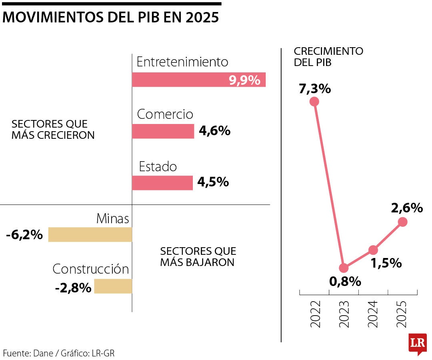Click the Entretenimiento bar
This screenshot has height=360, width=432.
[x=199, y=80]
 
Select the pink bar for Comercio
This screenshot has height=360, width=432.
[x=163, y=131]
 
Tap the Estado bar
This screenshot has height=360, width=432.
[x=162, y=183]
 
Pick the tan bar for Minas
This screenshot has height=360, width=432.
[x=90, y=234]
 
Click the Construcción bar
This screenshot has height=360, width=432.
[x=113, y=286]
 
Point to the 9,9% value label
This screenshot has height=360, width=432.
[x=244, y=80]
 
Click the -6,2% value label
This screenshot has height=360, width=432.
[x=24, y=235]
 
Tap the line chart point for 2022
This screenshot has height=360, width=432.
[x=314, y=102]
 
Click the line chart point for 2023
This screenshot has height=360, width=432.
[x=344, y=268]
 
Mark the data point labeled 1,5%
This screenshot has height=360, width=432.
[x=373, y=250]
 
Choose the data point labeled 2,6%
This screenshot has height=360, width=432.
[x=402, y=222]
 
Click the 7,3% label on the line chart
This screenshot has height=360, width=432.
[x=315, y=88]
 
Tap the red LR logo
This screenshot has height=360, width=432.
[x=417, y=343]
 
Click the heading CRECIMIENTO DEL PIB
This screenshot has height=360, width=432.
[x=328, y=57]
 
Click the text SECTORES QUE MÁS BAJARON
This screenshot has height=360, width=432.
[x=198, y=257]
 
